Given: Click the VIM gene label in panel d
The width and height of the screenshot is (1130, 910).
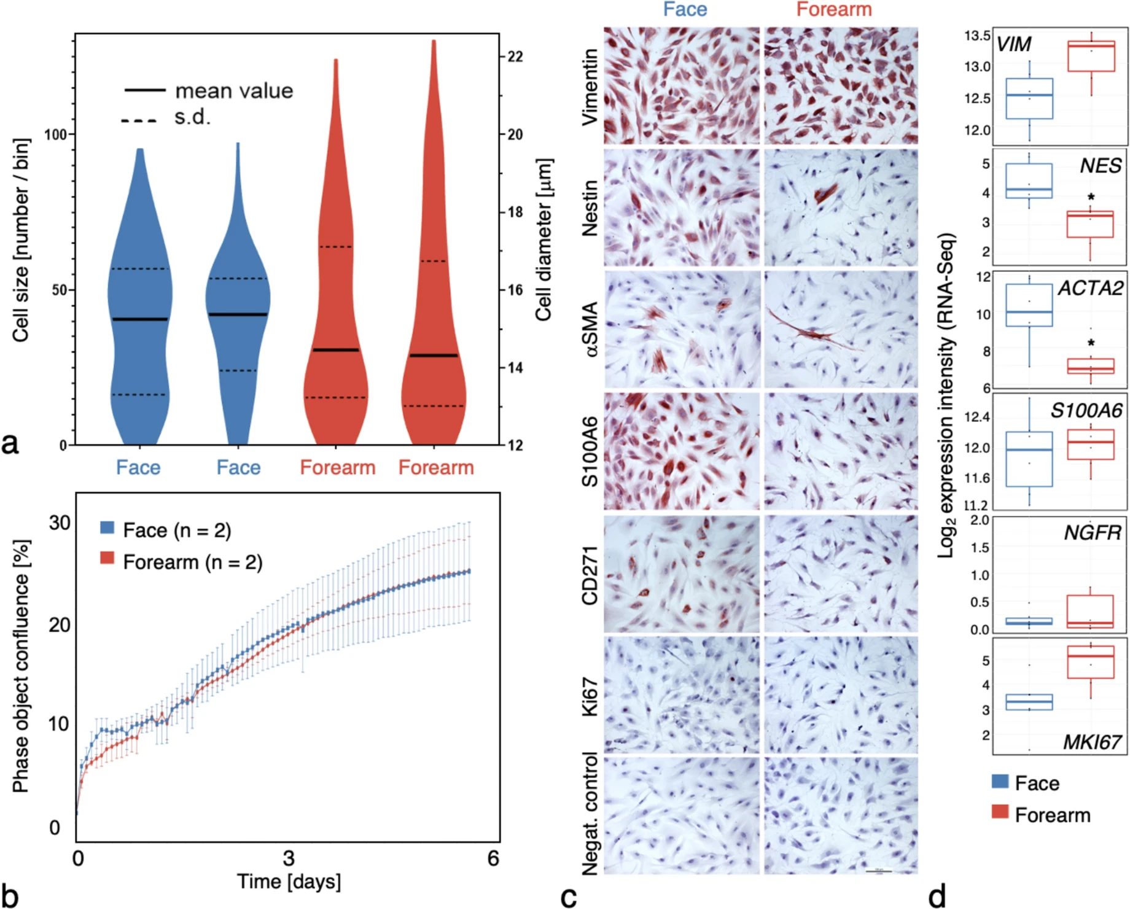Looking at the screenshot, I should point(1013,45).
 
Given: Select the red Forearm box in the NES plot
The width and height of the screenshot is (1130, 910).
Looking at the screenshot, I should point(1090,224).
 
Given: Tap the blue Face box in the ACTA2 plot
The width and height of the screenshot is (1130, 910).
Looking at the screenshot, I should point(1029,305).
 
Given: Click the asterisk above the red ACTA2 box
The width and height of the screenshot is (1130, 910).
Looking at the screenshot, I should point(1091,343).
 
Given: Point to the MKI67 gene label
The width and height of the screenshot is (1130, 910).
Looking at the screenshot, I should point(1093,742).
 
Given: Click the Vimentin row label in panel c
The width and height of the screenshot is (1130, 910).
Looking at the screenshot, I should point(590,87).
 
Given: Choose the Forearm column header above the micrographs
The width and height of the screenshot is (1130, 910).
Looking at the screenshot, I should point(834,9).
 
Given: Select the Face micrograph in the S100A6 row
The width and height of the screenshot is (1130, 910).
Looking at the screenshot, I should point(681,451).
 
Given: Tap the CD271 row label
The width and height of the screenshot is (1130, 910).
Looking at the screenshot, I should point(590,575).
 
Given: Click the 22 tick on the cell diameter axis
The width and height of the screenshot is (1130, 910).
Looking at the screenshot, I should point(515,56).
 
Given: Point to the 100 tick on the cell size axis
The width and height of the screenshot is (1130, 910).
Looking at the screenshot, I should point(55,134).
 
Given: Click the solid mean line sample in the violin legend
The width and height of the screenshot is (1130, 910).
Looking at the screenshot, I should point(145,91).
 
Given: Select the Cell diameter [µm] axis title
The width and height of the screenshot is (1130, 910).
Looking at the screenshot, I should point(544,239).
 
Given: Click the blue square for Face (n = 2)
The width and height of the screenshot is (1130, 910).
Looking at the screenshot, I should point(107,527).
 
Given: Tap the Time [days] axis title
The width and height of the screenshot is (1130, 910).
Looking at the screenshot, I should point(289,882).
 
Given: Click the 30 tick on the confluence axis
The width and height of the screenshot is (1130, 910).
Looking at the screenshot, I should point(60,523).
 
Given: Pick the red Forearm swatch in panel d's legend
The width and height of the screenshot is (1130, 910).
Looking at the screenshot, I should point(1000,812).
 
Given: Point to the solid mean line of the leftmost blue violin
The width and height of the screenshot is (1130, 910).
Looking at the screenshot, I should point(140,319).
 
